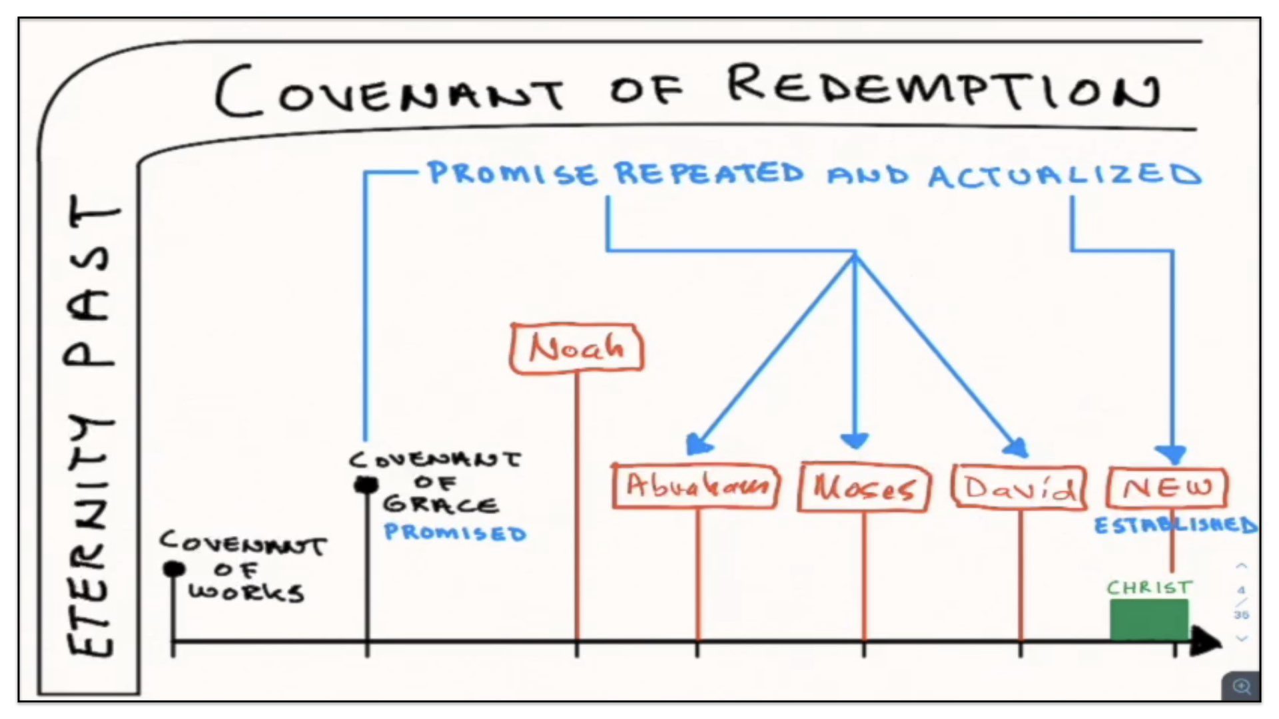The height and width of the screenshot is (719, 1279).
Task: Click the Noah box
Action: pyautogui.click(x=577, y=348)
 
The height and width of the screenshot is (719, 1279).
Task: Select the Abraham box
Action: pyautogui.click(x=695, y=487)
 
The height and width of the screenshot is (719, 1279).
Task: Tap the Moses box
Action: pyautogui.click(x=864, y=489)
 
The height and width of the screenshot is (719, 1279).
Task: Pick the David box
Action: pyautogui.click(x=1019, y=489)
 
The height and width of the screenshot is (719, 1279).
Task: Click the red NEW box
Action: pyautogui.click(x=1167, y=488)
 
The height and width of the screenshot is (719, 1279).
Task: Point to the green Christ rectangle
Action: pyautogui.click(x=1148, y=619)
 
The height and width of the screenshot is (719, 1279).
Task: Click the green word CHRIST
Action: pyautogui.click(x=1148, y=588)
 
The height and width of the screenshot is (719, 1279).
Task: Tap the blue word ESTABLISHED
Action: pyautogui.click(x=1176, y=525)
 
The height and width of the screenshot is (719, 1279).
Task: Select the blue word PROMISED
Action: pyautogui.click(x=455, y=533)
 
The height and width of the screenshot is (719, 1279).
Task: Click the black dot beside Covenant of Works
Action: pyautogui.click(x=175, y=569)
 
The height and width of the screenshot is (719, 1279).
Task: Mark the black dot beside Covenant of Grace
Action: pyautogui.click(x=366, y=485)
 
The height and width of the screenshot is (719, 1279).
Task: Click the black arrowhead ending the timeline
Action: pyautogui.click(x=1206, y=642)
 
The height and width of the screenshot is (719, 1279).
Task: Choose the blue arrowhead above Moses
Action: pyautogui.click(x=855, y=441)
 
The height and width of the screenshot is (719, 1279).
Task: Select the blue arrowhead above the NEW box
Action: pyautogui.click(x=1172, y=455)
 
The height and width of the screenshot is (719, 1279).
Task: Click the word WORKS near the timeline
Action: pyautogui.click(x=246, y=593)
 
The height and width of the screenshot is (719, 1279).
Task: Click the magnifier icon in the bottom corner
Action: pyautogui.click(x=1241, y=686)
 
